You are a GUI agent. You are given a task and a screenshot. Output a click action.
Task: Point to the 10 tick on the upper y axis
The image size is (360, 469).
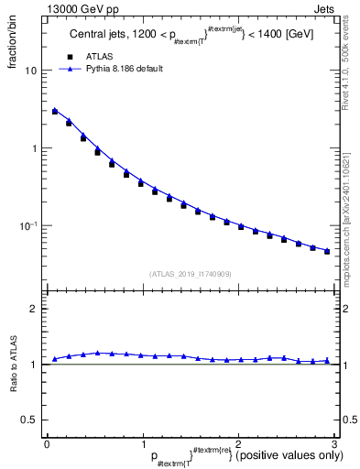coord(31,71)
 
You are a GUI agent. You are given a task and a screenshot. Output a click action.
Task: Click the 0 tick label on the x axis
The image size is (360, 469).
coord(47,443)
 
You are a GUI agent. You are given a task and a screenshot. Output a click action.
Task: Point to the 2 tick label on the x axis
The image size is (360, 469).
coord(237,443)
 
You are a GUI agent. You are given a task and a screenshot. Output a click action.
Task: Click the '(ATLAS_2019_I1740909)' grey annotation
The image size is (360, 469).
coord(190,274)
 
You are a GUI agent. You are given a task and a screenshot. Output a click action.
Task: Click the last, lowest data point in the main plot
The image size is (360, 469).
coord(327,251)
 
